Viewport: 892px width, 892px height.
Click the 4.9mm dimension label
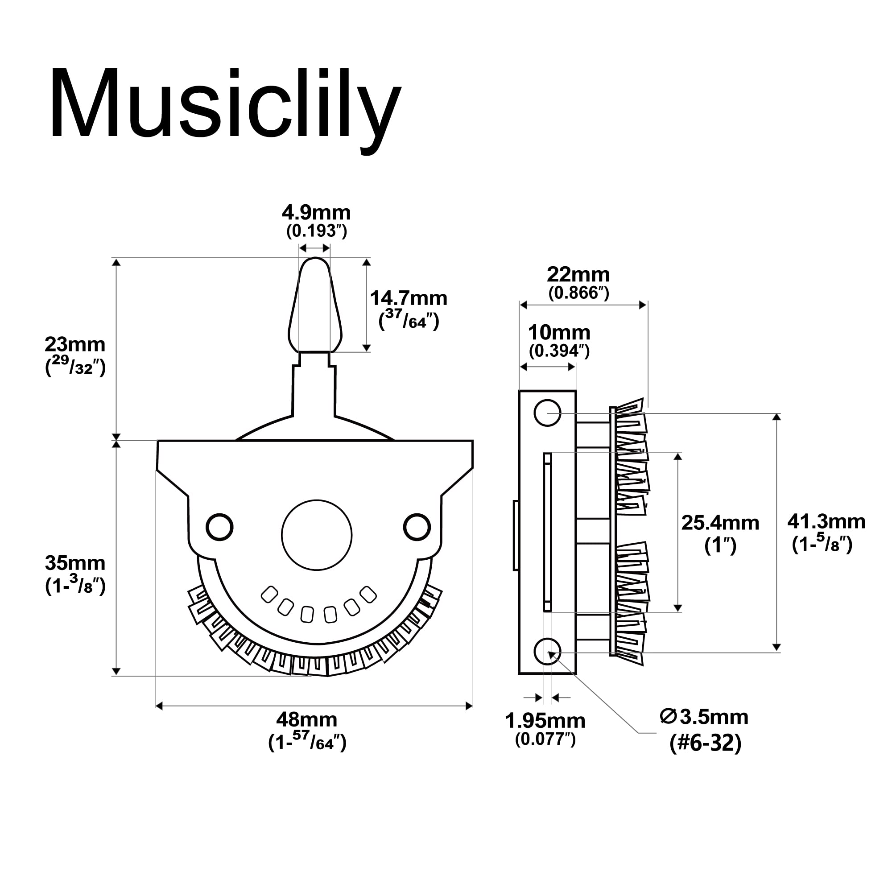316,213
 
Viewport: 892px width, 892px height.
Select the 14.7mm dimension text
409,299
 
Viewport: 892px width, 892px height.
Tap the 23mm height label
75,345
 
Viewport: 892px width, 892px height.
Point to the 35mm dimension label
75,563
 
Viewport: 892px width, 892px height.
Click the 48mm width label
306,720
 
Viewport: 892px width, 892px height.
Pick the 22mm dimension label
578,275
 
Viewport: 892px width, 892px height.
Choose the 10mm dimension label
559,333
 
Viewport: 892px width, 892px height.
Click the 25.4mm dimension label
720,523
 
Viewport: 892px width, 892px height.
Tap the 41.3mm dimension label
826,522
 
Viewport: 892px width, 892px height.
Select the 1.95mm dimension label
545,721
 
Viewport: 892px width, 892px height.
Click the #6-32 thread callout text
705,743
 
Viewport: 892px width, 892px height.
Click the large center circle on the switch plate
317,535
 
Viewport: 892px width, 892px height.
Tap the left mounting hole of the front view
219,527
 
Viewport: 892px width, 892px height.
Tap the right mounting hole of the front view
417,527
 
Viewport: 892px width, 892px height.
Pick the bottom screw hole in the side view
547,652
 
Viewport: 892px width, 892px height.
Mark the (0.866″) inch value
578,293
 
